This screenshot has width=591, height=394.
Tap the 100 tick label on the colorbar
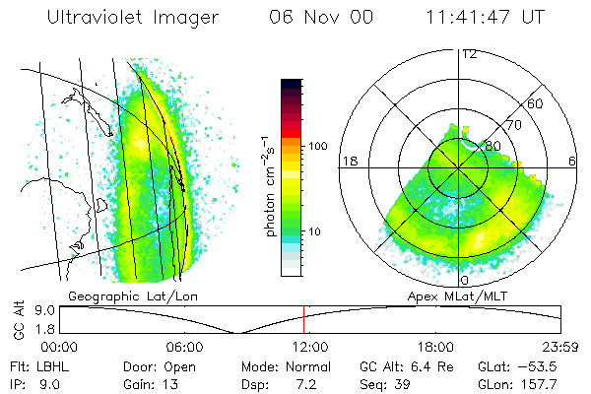tap(317, 146)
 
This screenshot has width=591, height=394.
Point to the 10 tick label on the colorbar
tap(314, 231)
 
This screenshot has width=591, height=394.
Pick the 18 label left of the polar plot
tap(348, 162)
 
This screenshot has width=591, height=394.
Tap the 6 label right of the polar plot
tap(571, 162)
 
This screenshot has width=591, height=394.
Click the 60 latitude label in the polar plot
tap(535, 103)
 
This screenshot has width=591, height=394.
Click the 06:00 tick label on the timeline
tap(184, 347)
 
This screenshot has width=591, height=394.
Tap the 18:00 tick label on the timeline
tap(434, 347)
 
